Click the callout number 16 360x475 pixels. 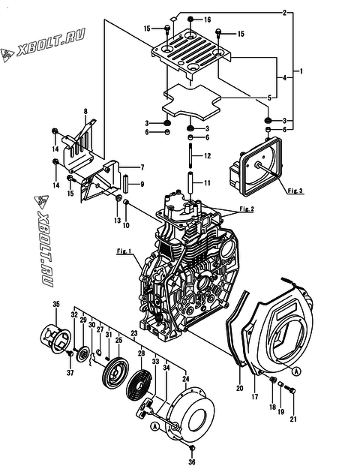coord(207,20)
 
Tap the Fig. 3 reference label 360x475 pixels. coord(295,191)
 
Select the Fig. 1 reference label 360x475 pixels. coord(124,251)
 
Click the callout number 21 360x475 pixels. coord(293,419)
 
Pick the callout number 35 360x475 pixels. coord(56,304)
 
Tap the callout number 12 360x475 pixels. coord(207,156)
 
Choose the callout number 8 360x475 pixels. coord(85,112)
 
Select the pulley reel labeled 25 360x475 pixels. coord(115,372)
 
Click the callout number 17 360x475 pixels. coord(255,396)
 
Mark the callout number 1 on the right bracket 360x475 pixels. coord(301,71)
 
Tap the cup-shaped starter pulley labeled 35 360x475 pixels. coord(55,338)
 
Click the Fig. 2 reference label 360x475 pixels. coord(247,209)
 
